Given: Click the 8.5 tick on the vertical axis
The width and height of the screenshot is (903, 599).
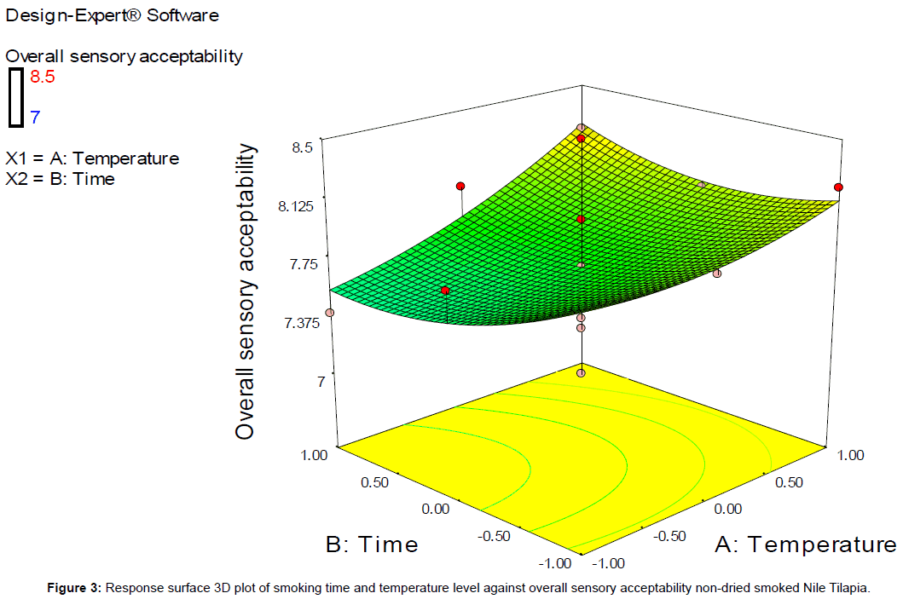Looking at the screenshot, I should [x=303, y=147].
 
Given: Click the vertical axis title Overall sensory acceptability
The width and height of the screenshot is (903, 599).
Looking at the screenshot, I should [x=246, y=291].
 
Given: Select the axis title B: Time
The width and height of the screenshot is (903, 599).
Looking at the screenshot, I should [x=373, y=544].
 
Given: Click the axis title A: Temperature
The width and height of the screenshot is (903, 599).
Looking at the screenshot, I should [x=804, y=544].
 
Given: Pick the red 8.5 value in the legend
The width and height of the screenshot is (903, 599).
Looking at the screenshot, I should [x=43, y=77].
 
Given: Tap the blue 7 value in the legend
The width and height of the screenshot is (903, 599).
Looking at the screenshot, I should [x=35, y=117].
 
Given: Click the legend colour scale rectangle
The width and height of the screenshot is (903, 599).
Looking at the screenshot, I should [x=16, y=96].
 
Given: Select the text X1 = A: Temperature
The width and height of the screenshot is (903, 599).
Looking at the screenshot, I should [x=92, y=158].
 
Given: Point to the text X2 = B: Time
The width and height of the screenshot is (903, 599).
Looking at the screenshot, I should [x=60, y=178].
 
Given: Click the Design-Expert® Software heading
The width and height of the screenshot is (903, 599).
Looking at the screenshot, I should [x=112, y=15].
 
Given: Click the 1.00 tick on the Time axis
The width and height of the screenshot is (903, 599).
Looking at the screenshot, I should [x=315, y=455].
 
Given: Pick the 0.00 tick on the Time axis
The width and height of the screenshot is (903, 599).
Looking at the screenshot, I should [x=436, y=509].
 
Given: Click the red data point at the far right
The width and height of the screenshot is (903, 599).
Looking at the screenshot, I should [x=839, y=187].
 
